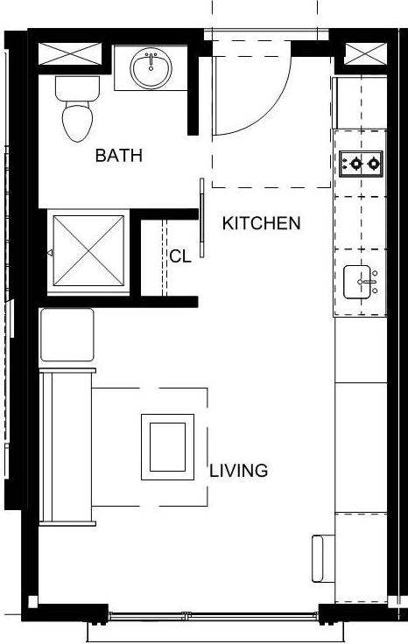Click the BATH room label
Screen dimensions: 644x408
click(x=119, y=157)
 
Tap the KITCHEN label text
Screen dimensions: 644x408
click(x=261, y=223)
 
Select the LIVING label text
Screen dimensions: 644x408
click(x=238, y=471)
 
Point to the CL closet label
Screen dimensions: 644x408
click(x=180, y=256)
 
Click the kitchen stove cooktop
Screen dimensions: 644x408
click(x=361, y=162)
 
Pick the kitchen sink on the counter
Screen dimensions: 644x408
click(x=360, y=282)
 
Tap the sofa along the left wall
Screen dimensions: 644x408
click(x=68, y=446)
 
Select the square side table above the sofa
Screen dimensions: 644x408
click(x=67, y=335)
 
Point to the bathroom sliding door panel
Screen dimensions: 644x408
click(x=202, y=218)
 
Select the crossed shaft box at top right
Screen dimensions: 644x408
click(x=362, y=53)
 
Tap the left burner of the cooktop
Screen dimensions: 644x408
click(x=353, y=162)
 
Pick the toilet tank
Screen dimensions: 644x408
click(x=76, y=87)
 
